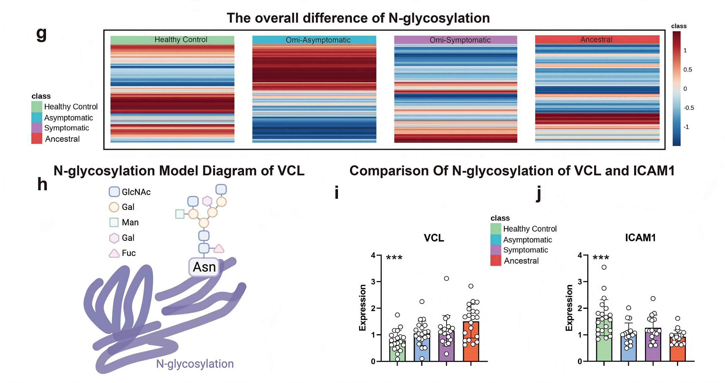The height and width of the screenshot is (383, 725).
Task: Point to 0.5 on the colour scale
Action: [688, 70]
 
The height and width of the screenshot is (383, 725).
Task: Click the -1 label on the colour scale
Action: [686, 127]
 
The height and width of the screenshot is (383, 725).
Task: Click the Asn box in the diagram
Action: [204, 267]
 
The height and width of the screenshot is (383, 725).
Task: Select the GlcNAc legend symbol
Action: [114, 192]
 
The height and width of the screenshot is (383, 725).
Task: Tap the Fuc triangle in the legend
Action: [114, 253]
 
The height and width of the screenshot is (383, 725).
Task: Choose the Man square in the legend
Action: [114, 222]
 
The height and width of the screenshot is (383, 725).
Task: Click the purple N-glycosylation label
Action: [195, 364]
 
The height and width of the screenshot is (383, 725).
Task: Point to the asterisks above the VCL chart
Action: [394, 258]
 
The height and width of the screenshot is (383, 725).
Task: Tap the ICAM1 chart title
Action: [640, 238]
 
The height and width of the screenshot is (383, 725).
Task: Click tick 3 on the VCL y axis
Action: [373, 282]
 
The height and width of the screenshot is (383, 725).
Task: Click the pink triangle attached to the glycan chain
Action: [219, 249]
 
